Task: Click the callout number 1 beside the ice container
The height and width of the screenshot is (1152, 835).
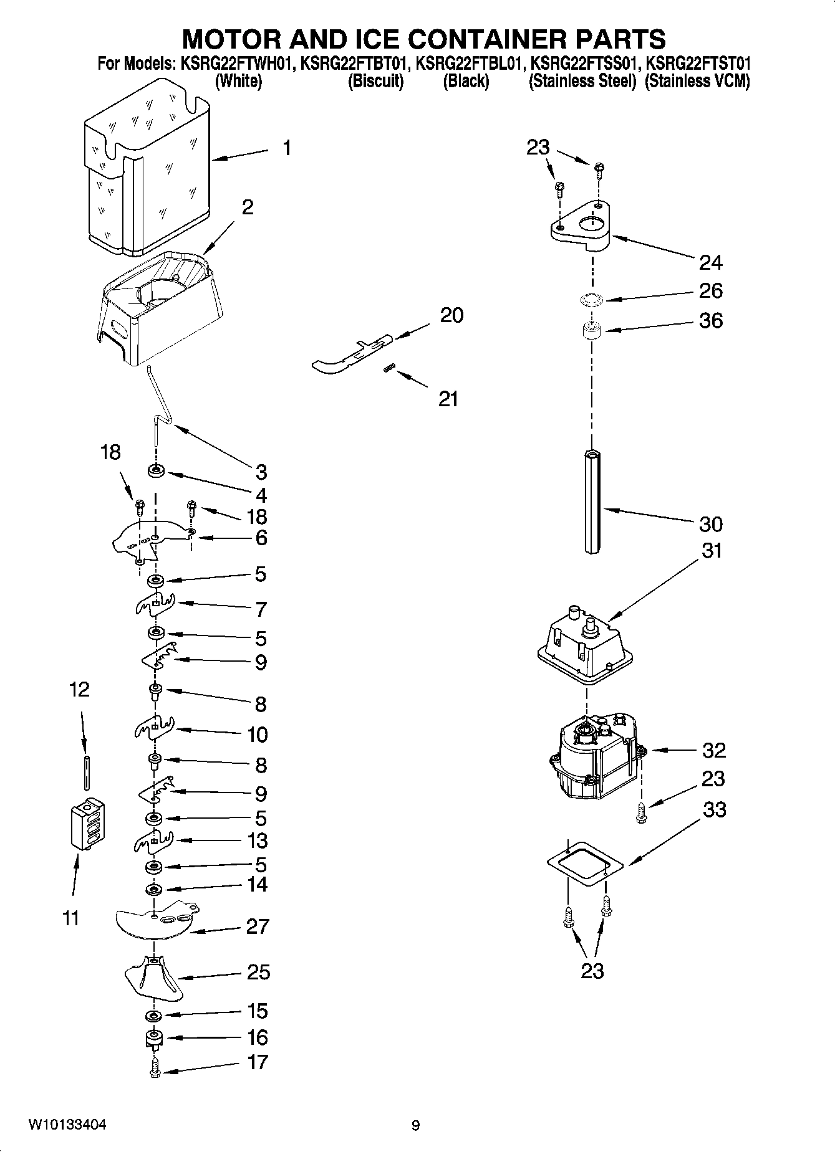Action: (x=286, y=148)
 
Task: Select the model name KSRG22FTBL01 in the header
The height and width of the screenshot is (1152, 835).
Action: (x=466, y=64)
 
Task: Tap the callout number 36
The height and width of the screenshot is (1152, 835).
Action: (x=711, y=320)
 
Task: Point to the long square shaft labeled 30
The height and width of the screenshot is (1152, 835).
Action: (x=592, y=502)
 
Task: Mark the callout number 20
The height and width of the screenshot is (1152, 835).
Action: (x=451, y=315)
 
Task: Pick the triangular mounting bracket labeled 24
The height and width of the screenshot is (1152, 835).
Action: (x=580, y=227)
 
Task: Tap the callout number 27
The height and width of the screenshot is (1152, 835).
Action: (x=258, y=926)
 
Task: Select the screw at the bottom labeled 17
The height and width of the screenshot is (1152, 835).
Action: (x=155, y=1071)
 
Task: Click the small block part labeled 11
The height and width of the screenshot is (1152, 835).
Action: (x=87, y=824)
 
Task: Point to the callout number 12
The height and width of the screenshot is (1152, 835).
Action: (x=79, y=689)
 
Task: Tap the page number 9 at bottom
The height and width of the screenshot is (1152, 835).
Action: (x=416, y=1126)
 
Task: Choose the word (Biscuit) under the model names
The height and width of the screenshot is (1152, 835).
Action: (x=376, y=81)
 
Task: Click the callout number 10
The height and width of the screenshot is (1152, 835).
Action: (x=258, y=735)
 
